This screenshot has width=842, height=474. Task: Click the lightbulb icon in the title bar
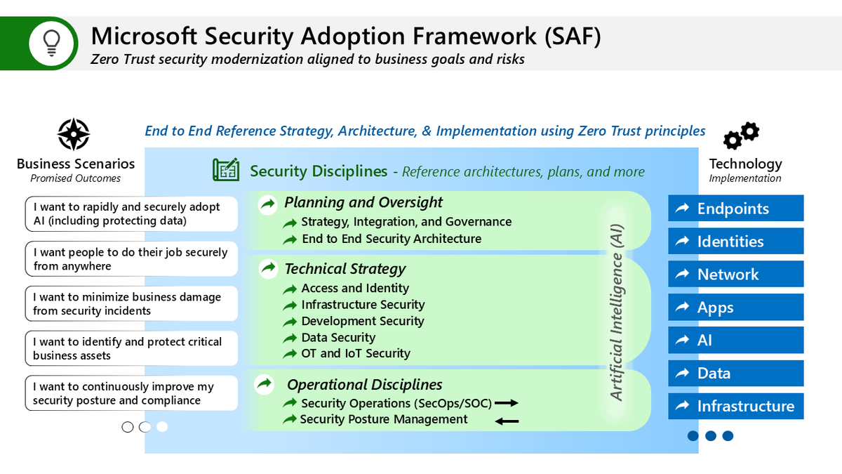tap(52, 43)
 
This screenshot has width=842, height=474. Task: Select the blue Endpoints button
tap(735, 209)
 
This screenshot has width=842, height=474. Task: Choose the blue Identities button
tap(735, 242)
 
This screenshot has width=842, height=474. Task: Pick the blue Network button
tap(735, 275)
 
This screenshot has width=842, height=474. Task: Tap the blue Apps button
tap(735, 308)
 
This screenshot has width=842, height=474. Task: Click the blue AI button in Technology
tap(735, 341)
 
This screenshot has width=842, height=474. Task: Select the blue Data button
tap(735, 374)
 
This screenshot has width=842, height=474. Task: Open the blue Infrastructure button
tap(735, 406)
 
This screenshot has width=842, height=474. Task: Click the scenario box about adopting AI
tap(131, 214)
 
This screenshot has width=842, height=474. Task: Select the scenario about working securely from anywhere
tap(131, 259)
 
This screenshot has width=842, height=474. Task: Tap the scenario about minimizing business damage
tap(131, 304)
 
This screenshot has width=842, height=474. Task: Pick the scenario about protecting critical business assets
tap(131, 348)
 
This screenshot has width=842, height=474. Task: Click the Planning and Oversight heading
tap(363, 203)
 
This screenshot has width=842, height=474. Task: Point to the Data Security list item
tap(338, 338)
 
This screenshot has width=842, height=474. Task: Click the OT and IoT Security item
tap(355, 354)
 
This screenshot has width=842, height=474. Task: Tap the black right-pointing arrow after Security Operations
tap(506, 403)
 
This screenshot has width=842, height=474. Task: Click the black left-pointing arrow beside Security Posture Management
tap(507, 421)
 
